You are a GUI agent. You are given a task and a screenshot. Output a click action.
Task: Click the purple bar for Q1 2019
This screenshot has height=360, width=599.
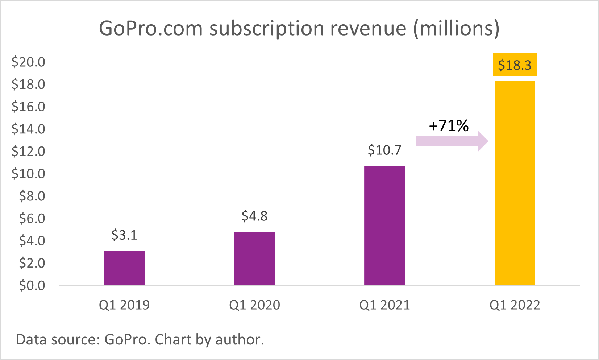(124, 268)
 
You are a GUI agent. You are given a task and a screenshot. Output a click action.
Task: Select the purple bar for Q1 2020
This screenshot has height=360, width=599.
(254, 258)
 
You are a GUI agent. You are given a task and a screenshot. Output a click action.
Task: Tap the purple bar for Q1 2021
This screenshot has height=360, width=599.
(384, 225)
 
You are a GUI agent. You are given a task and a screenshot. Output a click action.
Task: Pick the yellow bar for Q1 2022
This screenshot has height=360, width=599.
(515, 183)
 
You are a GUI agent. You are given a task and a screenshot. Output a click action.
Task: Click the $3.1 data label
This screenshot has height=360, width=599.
(124, 235)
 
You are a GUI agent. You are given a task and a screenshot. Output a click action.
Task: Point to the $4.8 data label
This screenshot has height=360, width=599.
(254, 216)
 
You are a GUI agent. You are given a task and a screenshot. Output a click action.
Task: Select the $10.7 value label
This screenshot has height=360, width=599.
(384, 150)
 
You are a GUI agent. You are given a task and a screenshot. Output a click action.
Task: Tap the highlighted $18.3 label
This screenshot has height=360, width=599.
(515, 65)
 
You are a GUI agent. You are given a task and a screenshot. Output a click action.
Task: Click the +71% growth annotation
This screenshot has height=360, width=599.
(449, 126)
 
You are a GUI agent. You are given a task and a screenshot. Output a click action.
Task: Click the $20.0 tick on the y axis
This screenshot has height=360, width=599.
(28, 62)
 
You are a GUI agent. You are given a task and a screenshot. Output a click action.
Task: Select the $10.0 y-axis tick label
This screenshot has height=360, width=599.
(28, 174)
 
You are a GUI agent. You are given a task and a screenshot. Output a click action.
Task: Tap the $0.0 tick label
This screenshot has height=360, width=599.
(32, 285)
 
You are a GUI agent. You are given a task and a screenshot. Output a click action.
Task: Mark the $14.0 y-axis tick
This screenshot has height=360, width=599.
(28, 129)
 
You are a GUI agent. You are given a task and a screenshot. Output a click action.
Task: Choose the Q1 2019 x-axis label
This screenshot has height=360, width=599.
(124, 305)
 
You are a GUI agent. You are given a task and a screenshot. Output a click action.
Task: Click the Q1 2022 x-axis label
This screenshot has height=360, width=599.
(515, 305)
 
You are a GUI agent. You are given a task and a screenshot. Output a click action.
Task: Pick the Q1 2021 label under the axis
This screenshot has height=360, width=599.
(384, 305)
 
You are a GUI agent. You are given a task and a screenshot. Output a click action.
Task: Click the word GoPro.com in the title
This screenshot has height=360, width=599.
(150, 28)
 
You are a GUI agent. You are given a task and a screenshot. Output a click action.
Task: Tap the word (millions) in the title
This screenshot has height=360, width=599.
(456, 28)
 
